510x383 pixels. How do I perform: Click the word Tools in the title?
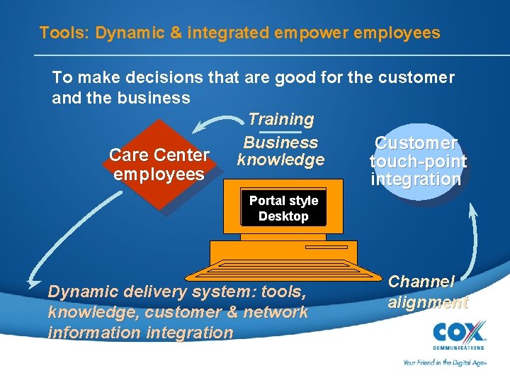(57, 33)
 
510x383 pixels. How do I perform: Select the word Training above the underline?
(281, 120)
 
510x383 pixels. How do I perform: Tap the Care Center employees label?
(159, 165)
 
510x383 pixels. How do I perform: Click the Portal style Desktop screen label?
(283, 209)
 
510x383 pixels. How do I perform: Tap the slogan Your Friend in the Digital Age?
(444, 362)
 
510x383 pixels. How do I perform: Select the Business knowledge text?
(281, 151)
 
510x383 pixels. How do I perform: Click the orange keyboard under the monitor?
(283, 270)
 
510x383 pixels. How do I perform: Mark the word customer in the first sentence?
(414, 77)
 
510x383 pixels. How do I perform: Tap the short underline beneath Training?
(281, 132)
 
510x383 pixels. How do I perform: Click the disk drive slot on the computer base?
(326, 248)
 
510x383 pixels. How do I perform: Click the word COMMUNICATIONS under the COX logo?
(459, 348)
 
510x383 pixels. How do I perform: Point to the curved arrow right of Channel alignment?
(473, 245)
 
